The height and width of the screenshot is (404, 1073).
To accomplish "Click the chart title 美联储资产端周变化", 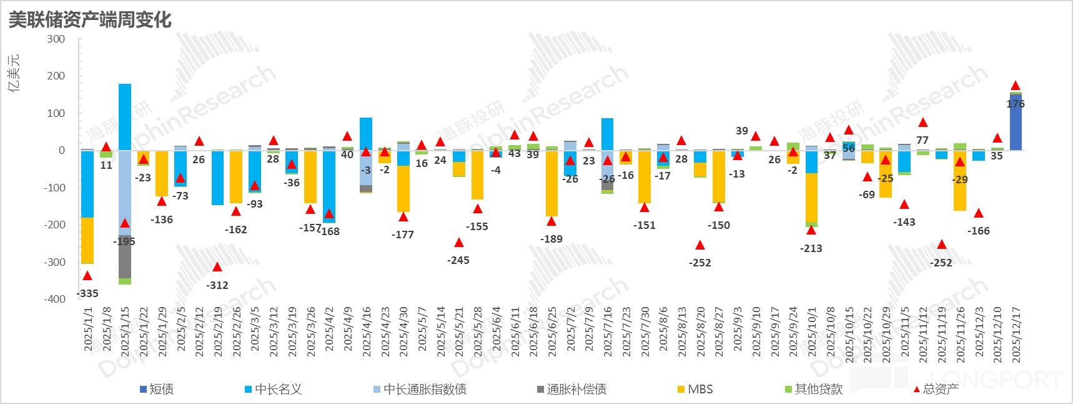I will click(x=90, y=19).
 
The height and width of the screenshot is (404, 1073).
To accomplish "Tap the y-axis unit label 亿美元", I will click(x=14, y=73).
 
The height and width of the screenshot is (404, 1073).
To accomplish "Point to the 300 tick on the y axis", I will click(x=56, y=39).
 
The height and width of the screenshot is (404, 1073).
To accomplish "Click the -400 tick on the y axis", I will click(x=54, y=299).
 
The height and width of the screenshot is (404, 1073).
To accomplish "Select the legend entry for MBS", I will click(x=700, y=389).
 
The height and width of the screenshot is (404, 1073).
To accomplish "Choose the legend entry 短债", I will click(x=161, y=389).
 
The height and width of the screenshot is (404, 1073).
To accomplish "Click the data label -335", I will click(x=87, y=293).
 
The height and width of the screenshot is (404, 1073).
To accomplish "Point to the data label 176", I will click(x=1016, y=104).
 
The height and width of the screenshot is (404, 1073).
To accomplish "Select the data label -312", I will click(x=217, y=285).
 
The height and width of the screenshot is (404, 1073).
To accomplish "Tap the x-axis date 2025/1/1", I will click(x=88, y=329).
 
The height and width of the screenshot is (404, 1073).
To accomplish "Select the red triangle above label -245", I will click(x=459, y=243).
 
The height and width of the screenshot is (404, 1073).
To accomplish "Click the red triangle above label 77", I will click(x=923, y=123).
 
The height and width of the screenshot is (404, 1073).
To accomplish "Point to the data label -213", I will click(x=811, y=248).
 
